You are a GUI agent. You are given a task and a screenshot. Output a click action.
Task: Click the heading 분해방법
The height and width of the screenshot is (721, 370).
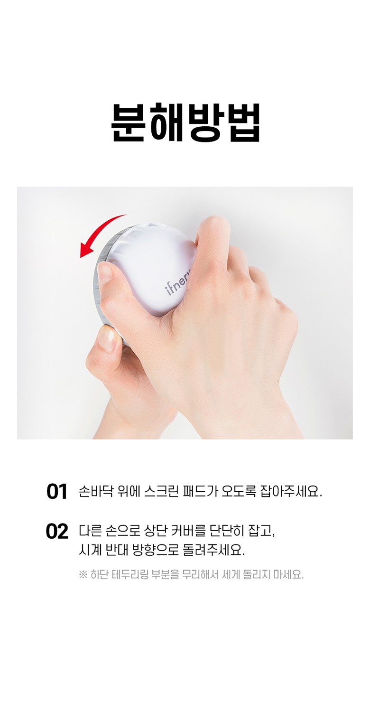tap(185, 123)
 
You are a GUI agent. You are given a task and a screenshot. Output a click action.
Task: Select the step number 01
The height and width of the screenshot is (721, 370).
tap(56, 492)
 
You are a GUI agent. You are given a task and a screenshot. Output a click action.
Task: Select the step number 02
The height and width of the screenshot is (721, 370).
tap(57, 532)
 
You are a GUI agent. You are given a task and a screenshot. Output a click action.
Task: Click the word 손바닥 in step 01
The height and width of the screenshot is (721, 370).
tap(96, 491)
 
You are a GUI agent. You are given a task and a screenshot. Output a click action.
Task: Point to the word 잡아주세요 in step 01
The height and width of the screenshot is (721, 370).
tap(291, 491)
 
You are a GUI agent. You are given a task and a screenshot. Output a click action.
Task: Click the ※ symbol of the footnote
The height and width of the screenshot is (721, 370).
tap(83, 574)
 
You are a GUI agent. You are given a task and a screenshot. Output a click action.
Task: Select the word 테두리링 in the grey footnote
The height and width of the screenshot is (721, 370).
tap(129, 574)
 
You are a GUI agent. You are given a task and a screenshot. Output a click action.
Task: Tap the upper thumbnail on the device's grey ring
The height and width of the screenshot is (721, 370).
tap(105, 272)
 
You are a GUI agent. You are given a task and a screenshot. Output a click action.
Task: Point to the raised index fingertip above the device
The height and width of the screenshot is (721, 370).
tap(213, 225)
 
